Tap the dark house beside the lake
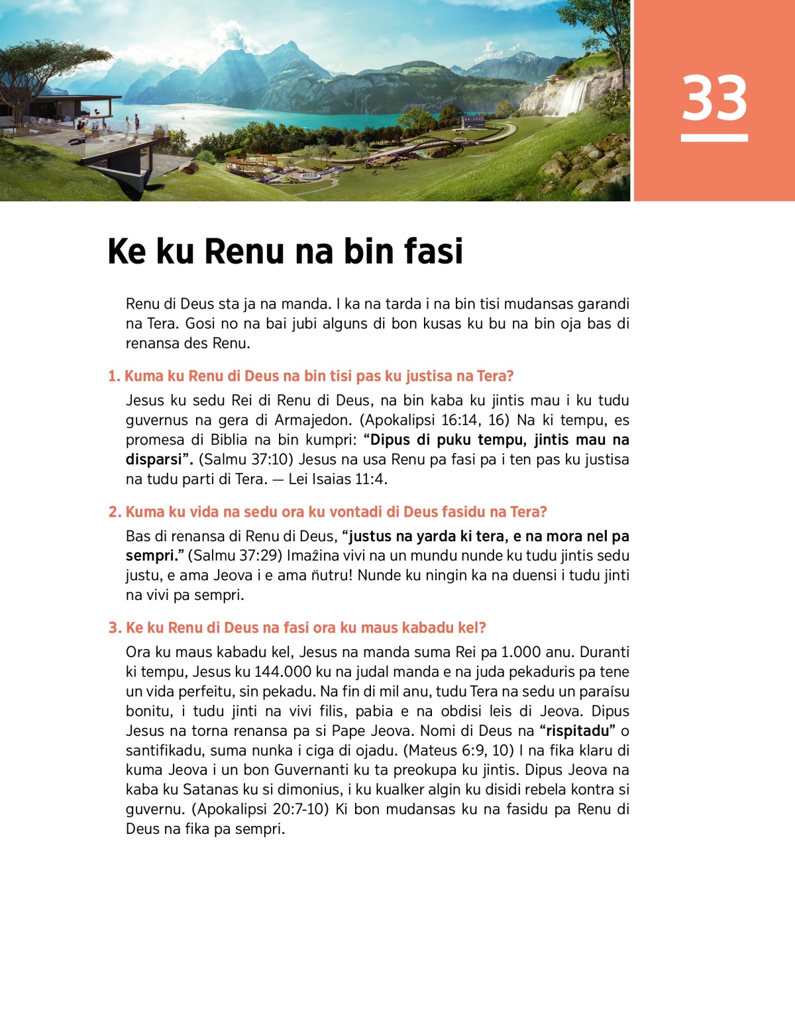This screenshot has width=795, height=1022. [x=472, y=121]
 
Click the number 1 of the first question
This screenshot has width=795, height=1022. [x=113, y=376]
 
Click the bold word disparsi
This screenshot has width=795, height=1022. [x=153, y=459]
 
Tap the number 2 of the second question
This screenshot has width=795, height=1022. [x=113, y=512]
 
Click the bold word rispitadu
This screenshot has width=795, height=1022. [x=577, y=731]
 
